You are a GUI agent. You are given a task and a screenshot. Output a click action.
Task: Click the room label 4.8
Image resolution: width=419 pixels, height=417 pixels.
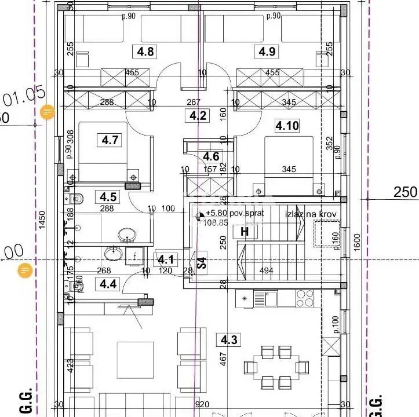[x=145, y=52]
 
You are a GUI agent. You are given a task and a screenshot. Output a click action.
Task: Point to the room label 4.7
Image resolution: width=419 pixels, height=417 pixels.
[x=110, y=140]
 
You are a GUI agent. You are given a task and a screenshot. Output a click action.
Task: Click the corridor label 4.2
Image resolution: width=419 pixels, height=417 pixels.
[x=198, y=115]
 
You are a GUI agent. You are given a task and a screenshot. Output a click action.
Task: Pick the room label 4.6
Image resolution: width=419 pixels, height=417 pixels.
[x=211, y=156]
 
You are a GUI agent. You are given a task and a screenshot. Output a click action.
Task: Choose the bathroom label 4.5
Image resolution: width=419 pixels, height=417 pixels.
[x=108, y=197]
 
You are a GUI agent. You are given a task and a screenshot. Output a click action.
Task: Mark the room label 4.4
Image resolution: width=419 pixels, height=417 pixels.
[x=108, y=284]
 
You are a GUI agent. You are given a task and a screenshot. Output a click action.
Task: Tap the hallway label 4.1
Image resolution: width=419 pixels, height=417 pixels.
[x=167, y=259]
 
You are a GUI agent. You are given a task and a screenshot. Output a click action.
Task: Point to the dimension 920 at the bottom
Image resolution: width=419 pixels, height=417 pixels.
[x=201, y=405]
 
